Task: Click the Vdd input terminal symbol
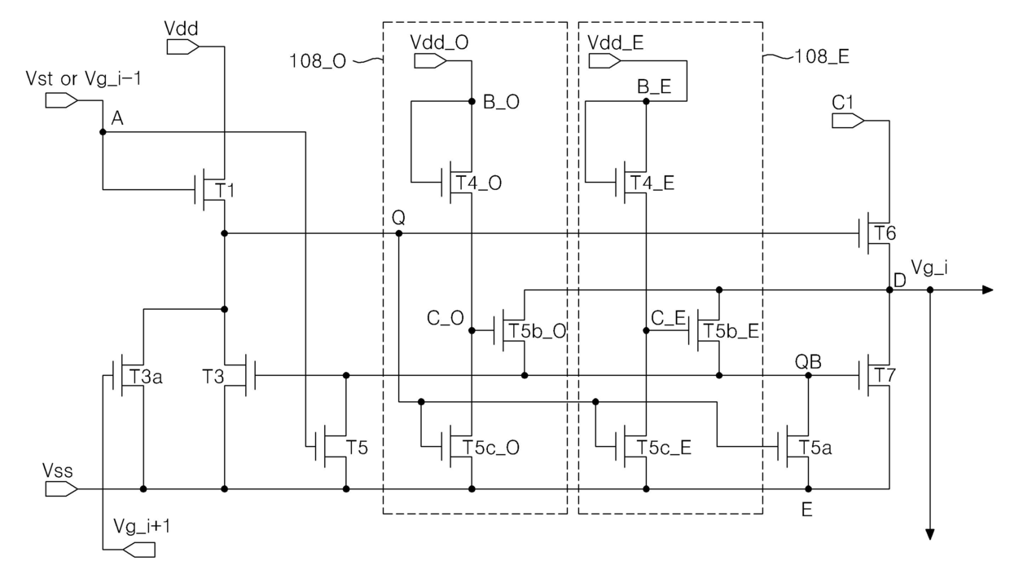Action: pos(183,47)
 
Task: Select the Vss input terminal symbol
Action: pos(61,489)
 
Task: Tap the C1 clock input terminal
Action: pos(848,121)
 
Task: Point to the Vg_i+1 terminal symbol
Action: pos(139,550)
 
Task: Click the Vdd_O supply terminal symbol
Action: pos(431,60)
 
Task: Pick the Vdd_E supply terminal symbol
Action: pos(605,60)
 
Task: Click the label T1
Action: pos(225,191)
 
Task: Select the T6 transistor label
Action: pos(885,233)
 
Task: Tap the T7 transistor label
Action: pos(885,375)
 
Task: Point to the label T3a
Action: pos(146,377)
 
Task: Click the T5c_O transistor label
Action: pos(491,448)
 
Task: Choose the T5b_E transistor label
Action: pos(731,331)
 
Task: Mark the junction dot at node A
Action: pos(103,132)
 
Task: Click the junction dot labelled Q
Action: pos(398,233)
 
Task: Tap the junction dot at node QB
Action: pos(809,375)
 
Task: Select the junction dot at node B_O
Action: pos(472,101)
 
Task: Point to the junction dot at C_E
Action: pos(646,331)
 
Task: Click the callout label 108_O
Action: pos(318,61)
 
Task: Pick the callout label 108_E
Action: pos(822,57)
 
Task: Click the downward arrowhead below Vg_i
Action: pos(929,535)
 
